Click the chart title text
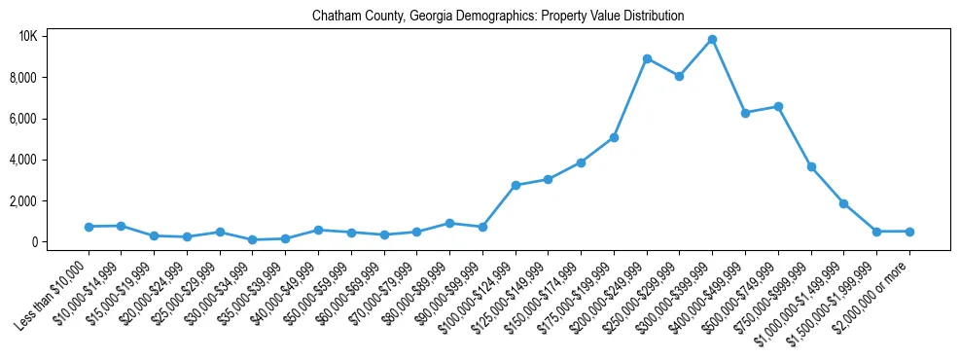pyautogui.click(x=498, y=17)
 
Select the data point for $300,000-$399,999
pyautogui.click(x=712, y=39)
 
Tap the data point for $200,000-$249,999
pyautogui.click(x=647, y=58)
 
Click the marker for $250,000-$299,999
pyautogui.click(x=680, y=76)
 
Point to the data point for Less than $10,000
pyautogui.click(x=89, y=227)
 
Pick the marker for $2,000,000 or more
pyautogui.click(x=909, y=232)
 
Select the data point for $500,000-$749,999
pyautogui.click(x=778, y=106)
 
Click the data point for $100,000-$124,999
pyautogui.click(x=516, y=185)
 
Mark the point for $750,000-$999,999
pyautogui.click(x=811, y=166)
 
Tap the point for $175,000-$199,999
pyautogui.click(x=614, y=137)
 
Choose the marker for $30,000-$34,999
pyautogui.click(x=253, y=239)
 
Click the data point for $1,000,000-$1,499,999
pyautogui.click(x=844, y=203)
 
